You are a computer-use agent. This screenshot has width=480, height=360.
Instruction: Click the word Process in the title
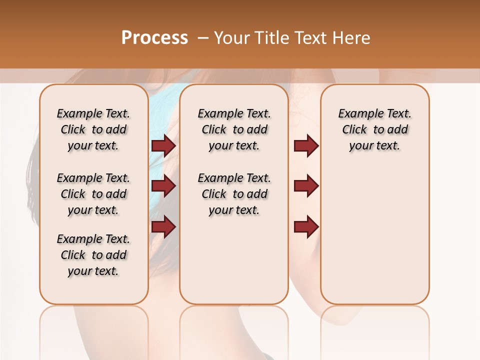[154, 37]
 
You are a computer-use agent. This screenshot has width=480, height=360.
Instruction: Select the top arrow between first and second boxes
[163, 145]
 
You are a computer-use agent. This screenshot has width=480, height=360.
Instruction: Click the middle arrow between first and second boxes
[163, 186]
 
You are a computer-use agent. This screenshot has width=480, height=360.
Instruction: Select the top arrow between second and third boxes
[306, 145]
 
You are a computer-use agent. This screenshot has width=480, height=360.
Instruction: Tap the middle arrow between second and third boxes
[306, 186]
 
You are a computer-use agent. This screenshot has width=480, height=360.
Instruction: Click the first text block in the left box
[93, 129]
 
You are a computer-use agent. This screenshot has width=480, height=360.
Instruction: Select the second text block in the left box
[93, 194]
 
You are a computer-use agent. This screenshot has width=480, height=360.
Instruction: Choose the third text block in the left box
[93, 255]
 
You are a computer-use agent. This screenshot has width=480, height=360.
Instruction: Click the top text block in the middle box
[234, 129]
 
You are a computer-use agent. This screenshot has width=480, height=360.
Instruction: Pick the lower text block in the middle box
[234, 194]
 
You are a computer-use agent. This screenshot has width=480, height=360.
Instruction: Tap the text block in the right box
[374, 129]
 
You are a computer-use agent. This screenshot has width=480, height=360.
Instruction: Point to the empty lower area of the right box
[374, 240]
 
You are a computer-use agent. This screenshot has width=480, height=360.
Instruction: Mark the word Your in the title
[230, 37]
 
